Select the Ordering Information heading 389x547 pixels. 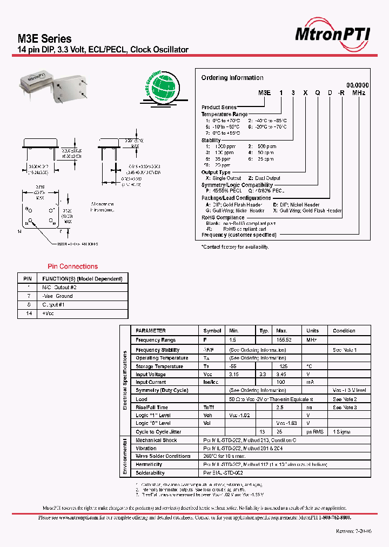point(232,78)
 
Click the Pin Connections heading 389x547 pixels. point(72,266)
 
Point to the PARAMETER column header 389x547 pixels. point(151,331)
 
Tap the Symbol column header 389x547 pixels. point(212,331)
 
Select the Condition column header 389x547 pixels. point(344,331)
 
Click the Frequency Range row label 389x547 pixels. point(156,340)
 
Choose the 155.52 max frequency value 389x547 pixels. point(284,340)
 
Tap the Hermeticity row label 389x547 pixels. point(150,464)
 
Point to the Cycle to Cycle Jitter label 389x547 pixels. point(158,432)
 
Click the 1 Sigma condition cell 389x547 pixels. point(341,432)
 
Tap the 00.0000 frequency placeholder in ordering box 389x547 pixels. point(357,85)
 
